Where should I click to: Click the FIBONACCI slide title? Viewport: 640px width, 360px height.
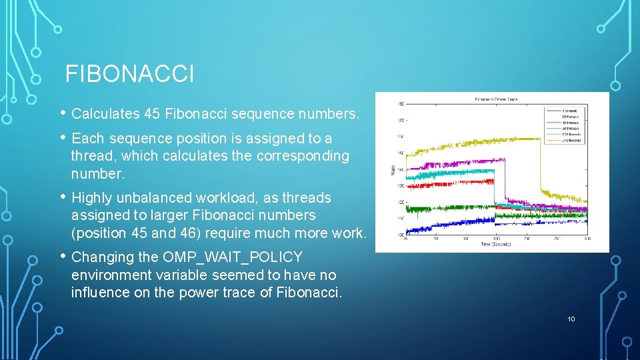pyautogui.click(x=129, y=74)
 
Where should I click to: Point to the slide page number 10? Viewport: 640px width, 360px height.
pyautogui.click(x=571, y=319)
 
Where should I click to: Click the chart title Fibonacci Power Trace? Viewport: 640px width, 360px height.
pyautogui.click(x=496, y=99)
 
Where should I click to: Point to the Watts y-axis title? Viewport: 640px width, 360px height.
pyautogui.click(x=391, y=170)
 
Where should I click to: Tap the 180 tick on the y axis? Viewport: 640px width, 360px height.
pyautogui.click(x=400, y=104)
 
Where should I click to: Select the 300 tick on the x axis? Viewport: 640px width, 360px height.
pyautogui.click(x=587, y=239)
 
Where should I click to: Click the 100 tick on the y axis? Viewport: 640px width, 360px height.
pyautogui.click(x=400, y=235)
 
